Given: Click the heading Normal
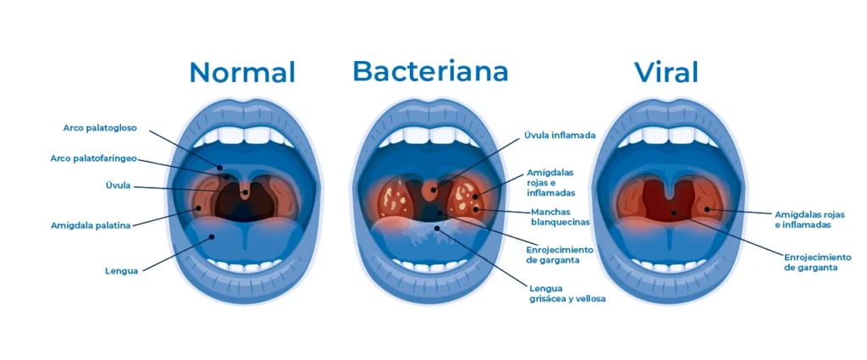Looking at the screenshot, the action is tap(242, 73).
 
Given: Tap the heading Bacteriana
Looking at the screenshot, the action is tap(430, 71).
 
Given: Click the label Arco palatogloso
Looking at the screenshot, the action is tap(100, 128).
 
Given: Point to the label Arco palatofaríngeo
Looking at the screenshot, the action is tap(93, 158).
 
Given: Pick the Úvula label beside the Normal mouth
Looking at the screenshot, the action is tap(118, 186).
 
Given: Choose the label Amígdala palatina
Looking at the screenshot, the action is tap(91, 225).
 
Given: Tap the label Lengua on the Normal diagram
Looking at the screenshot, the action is tap(121, 272).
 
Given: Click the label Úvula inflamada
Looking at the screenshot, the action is tap(560, 135).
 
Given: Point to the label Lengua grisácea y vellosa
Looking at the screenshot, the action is tap(567, 294).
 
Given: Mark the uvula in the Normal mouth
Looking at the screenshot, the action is tap(245, 191).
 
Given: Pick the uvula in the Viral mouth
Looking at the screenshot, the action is tap(670, 191).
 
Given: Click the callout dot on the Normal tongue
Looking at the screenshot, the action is tap(212, 236).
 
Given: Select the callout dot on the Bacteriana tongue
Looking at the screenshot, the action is tap(437, 227).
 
